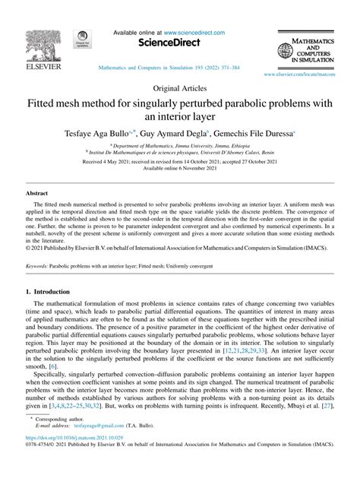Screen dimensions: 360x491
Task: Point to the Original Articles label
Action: click(179, 88)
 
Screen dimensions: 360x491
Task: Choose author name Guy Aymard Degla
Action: click(173, 134)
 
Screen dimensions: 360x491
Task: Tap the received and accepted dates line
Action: click(179, 163)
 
